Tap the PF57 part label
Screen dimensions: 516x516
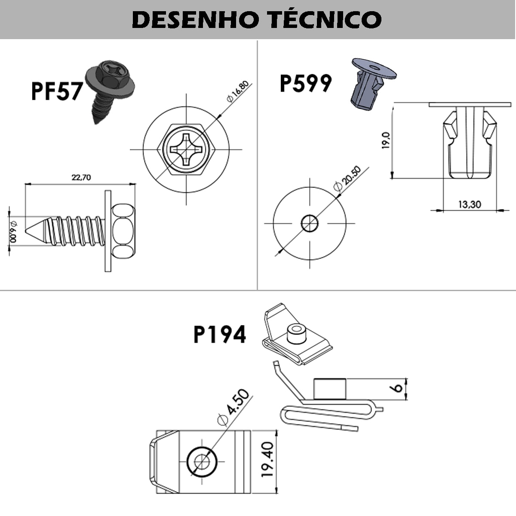point(56,92)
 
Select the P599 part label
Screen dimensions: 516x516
point(305,83)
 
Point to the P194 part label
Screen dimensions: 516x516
point(219,335)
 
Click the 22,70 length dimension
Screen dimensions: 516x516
point(81,177)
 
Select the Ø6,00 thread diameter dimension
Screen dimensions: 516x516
point(13,232)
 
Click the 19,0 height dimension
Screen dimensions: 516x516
point(386,141)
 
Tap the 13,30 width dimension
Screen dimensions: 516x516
point(469,204)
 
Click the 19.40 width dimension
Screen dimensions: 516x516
point(267,459)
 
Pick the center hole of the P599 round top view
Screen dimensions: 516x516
point(310,223)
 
